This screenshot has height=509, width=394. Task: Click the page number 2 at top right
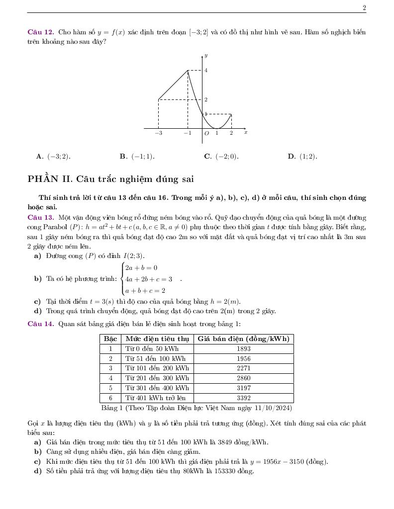[364, 7]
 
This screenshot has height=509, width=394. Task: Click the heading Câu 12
[40, 32]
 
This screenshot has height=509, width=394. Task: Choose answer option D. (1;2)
[302, 157]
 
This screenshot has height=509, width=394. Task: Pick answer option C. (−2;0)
[221, 157]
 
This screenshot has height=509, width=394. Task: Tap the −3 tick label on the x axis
[158, 133]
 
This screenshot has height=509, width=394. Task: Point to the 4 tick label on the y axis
[206, 71]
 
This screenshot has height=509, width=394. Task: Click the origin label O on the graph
[206, 133]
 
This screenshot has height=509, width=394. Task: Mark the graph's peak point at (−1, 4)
[188, 71]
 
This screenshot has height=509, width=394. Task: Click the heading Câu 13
[40, 218]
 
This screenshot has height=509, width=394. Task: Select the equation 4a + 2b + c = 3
[148, 279]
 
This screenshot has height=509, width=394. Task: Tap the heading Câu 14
[40, 324]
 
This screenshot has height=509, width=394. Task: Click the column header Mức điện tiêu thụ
[157, 339]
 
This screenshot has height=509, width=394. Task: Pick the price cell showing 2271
[244, 368]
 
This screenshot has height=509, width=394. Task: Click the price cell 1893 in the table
[244, 349]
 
